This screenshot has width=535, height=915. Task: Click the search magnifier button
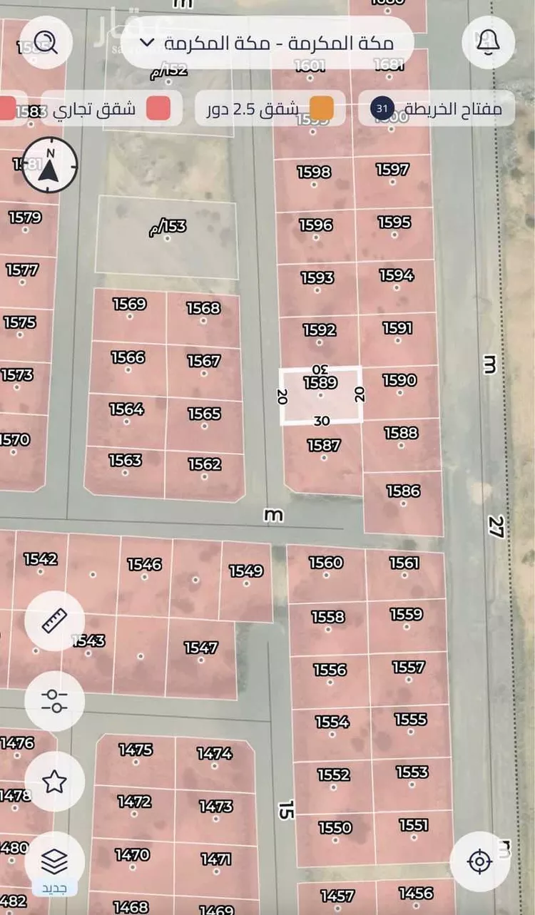click(49, 41)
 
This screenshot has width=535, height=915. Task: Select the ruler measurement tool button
click(54, 620)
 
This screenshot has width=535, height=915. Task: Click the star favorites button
click(54, 782)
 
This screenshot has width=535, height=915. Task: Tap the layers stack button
click(54, 862)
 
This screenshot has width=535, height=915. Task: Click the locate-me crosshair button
click(479, 862)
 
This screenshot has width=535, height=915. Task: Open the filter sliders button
click(54, 701)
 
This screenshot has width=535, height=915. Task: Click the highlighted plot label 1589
click(320, 383)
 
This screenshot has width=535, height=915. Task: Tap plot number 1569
click(129, 305)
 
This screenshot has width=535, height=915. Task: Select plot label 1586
click(403, 491)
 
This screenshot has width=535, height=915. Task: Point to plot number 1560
click(326, 563)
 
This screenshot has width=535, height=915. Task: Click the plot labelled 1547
click(201, 648)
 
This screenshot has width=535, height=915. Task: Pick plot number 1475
click(136, 750)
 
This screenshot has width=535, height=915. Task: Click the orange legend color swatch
click(322, 109)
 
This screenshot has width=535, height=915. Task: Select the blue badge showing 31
click(382, 109)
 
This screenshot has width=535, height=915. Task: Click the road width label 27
click(496, 527)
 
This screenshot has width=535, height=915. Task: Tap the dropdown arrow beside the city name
click(147, 42)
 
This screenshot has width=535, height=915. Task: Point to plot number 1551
click(414, 825)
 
